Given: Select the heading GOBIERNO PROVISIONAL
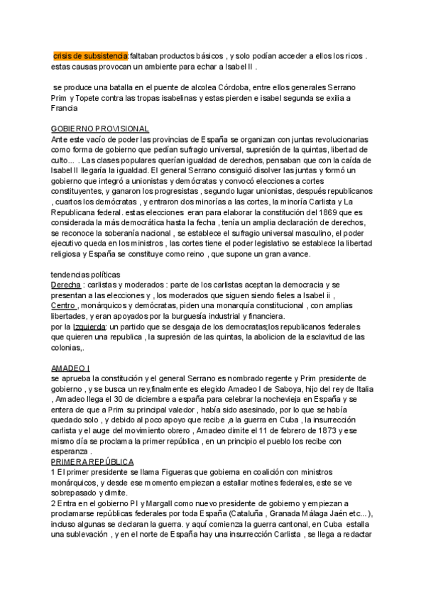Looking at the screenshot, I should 100,128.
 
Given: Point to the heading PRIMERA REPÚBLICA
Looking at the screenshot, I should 92,462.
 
